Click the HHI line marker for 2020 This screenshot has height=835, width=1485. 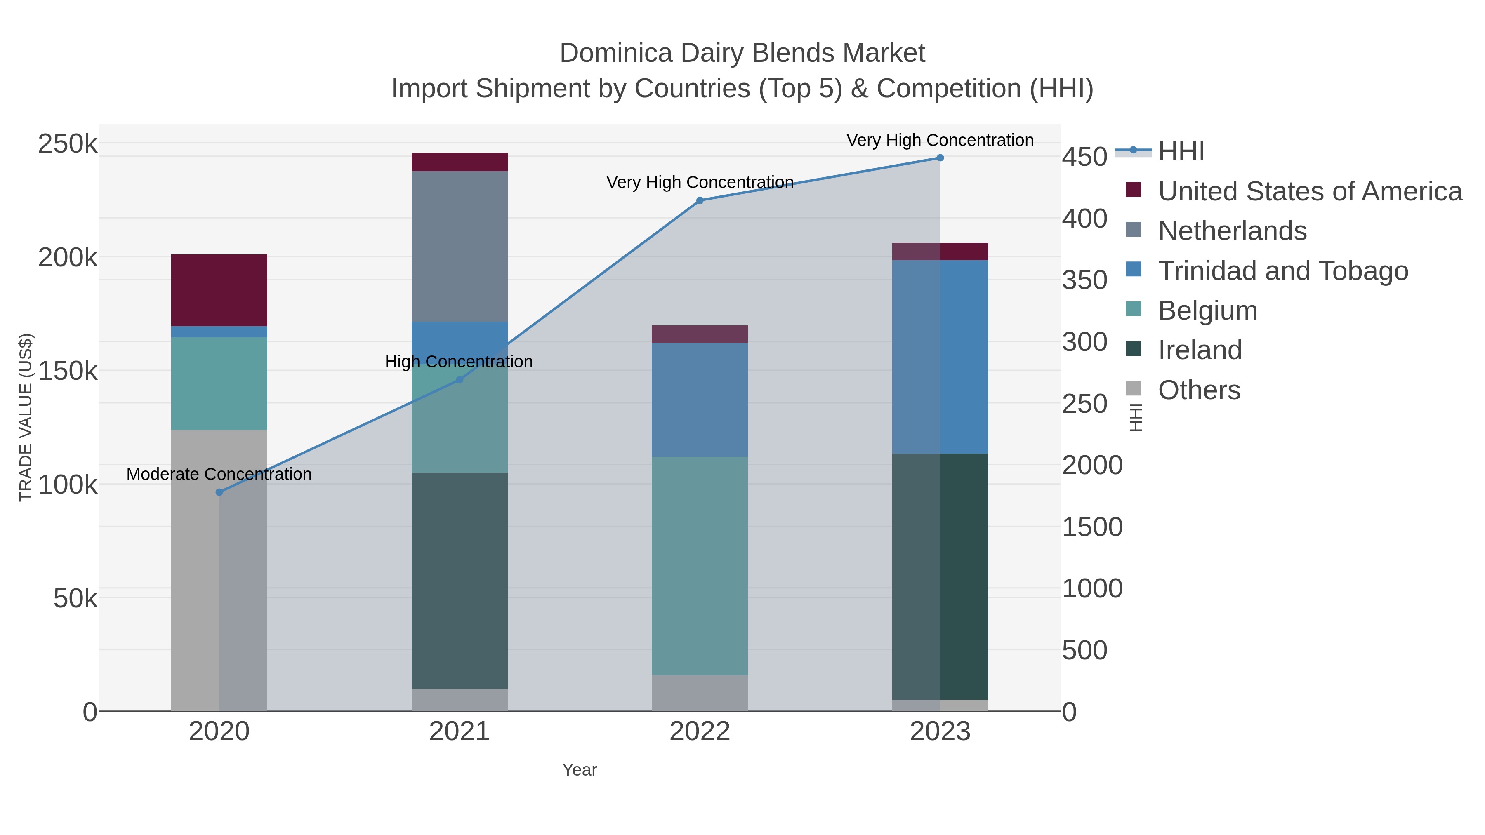(219, 492)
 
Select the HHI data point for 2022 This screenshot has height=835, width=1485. (700, 200)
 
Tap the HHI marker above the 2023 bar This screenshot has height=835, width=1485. (940, 158)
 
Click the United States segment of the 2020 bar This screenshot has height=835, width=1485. (219, 290)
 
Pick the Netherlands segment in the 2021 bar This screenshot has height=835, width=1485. (460, 246)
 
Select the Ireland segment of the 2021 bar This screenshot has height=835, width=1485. (460, 580)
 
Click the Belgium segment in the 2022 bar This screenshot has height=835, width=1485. (700, 566)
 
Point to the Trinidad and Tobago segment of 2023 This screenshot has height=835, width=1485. (940, 357)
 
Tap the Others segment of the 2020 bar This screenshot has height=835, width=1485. (219, 571)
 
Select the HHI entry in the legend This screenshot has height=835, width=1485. (1181, 152)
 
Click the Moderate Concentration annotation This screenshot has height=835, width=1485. (219, 474)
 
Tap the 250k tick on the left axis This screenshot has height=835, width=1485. (68, 143)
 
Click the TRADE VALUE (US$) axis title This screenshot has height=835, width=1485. (26, 417)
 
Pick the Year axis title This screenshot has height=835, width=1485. (580, 770)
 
